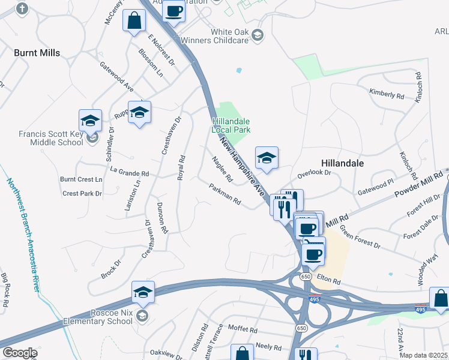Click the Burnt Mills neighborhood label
pos(38,53)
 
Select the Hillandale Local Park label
pos(231,125)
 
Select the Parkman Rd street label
pos(225,193)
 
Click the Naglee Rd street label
pos(222,169)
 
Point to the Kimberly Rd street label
pos(387,95)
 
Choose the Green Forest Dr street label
pos(360,236)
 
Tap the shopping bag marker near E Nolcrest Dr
pos(134,21)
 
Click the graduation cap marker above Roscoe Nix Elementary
pos(143,292)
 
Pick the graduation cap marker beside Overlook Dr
pos(267,158)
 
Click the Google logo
pos(19,353)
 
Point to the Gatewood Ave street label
pos(116,76)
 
